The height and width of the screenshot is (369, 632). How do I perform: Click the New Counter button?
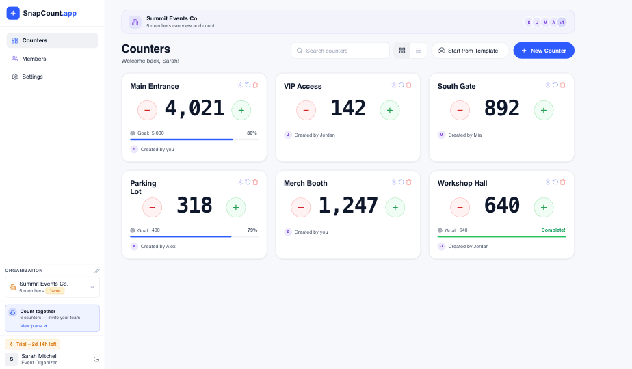544,51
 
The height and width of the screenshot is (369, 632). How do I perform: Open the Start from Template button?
470,51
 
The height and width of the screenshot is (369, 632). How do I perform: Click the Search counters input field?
340,51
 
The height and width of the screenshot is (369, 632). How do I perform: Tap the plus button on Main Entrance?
241,110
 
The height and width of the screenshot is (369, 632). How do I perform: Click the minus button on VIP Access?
306,110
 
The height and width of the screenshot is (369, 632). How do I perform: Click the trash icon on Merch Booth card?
409,182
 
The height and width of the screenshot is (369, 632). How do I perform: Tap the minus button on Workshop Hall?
460,207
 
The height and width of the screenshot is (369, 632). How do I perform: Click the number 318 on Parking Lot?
194,205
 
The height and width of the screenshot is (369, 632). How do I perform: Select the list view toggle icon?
419,51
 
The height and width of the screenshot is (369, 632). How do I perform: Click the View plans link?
34,325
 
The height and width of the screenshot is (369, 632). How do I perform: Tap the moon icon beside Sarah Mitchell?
96,359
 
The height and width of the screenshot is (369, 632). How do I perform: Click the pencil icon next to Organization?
96,271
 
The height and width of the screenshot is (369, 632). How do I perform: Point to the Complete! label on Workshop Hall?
553,230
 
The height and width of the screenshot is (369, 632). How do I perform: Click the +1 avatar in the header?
562,22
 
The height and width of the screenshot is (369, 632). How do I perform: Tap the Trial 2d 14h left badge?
33,344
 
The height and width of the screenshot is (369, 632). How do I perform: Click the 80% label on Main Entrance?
252,133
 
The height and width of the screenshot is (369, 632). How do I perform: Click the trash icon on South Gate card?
563,85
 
